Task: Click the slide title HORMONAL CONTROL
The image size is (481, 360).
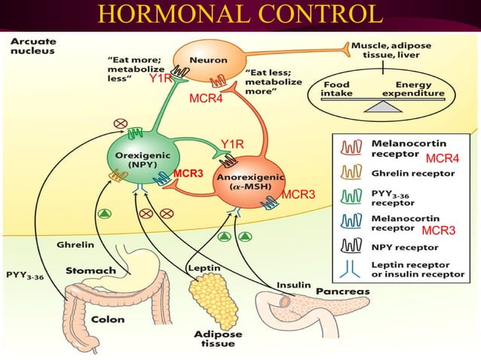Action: pos(240,14)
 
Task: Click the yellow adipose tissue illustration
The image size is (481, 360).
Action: pos(209,298)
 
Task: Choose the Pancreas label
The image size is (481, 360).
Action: pos(342,290)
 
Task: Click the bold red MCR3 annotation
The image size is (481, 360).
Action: pos(188,174)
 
